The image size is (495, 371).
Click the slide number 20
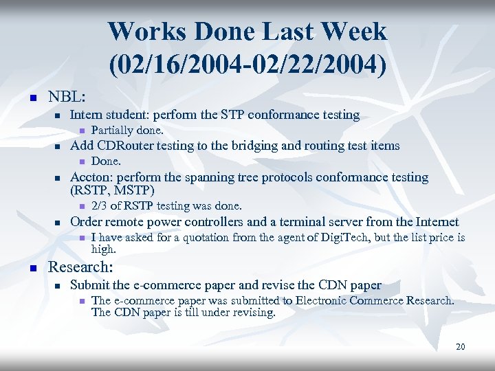point(460,347)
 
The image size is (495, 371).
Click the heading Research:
point(79,268)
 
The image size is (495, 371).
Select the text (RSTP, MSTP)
point(112,190)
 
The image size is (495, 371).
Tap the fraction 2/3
point(100,206)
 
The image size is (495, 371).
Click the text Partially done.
point(127,130)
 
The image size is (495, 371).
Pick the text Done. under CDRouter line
point(106,161)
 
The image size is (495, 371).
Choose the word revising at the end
point(253,313)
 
